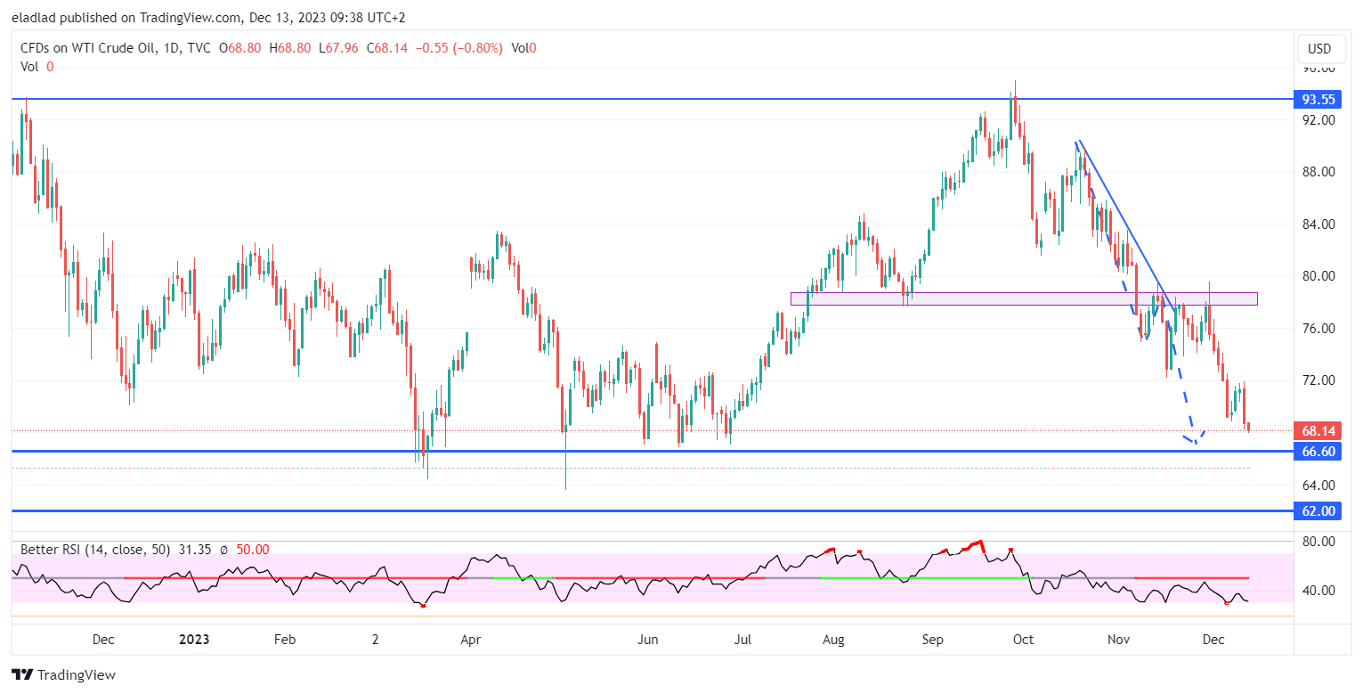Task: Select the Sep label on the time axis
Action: pos(932,640)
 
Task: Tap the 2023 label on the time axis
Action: pos(194,640)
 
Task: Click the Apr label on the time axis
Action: pos(471,640)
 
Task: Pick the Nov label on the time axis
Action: pos(1119,640)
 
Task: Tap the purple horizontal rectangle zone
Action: pos(1024,298)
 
